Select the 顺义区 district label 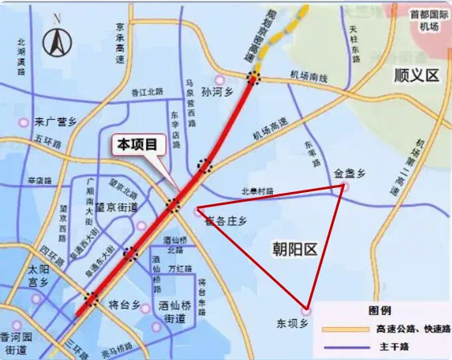point(417,76)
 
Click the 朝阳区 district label point(296,250)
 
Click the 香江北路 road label point(147,93)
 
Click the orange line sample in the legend point(340,329)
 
